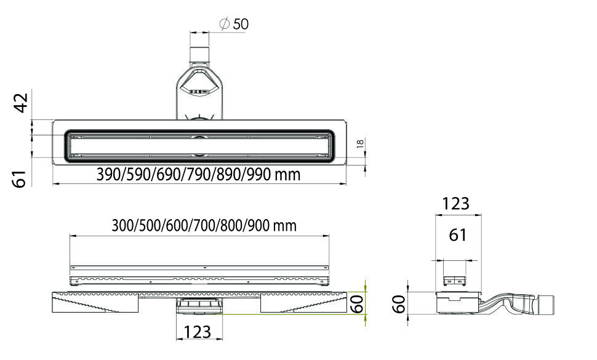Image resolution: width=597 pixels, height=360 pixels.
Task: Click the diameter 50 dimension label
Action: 234,24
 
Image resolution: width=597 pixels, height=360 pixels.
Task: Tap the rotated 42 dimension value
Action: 21,103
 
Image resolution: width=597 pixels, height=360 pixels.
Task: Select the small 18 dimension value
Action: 360,143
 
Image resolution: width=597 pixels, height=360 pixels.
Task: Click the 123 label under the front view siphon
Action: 197,332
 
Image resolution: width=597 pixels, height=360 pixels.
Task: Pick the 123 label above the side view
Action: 455,204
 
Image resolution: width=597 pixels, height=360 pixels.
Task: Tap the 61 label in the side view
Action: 458,235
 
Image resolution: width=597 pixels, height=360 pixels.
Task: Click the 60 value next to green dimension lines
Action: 357,303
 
